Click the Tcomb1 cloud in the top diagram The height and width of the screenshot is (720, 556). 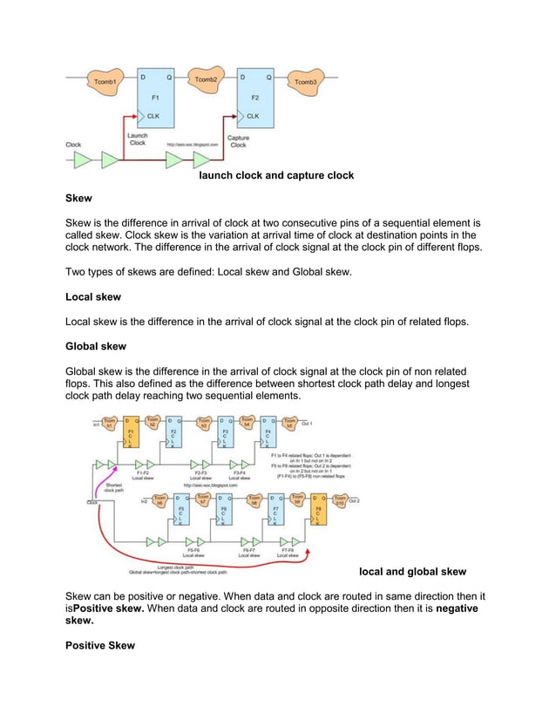[104, 80]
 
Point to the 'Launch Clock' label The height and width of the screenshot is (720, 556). [138, 139]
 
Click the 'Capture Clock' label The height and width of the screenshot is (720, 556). [238, 141]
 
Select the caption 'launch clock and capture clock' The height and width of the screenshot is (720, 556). [276, 175]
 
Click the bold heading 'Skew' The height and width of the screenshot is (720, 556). [78, 199]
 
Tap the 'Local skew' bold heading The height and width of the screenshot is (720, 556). [93, 297]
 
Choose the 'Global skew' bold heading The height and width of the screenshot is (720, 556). [96, 346]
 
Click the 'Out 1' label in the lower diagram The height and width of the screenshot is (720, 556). [307, 425]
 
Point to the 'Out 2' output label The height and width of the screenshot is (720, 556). [354, 501]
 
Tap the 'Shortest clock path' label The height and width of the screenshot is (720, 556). [114, 489]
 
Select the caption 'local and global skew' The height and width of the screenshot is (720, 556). [412, 572]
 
